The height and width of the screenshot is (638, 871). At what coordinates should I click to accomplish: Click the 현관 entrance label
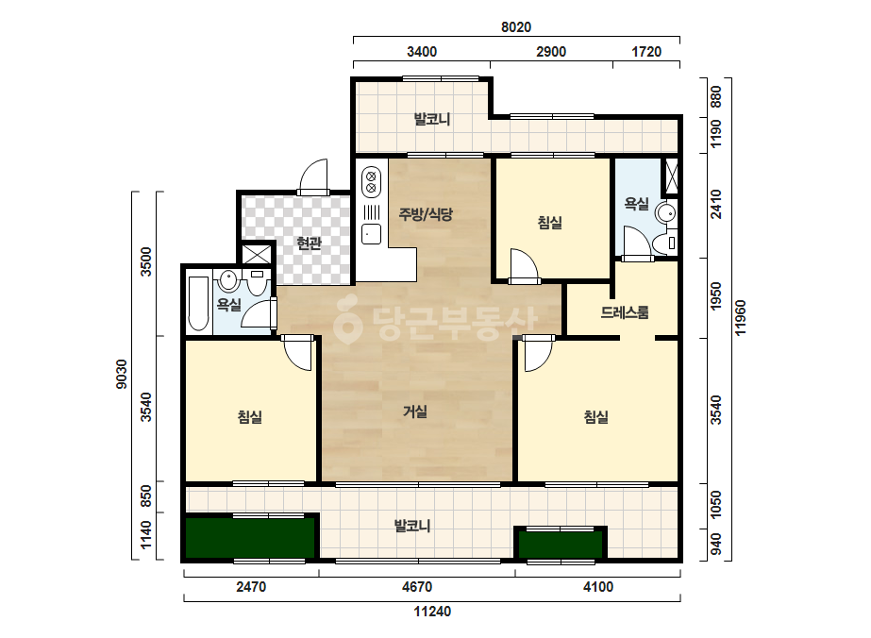(309, 243)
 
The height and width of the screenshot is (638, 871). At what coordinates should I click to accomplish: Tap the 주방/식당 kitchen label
(426, 214)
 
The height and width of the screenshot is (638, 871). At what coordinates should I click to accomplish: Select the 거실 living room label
(415, 411)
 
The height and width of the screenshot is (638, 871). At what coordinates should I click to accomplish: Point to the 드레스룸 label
(625, 312)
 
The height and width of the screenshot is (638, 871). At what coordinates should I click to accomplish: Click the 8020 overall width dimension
(516, 27)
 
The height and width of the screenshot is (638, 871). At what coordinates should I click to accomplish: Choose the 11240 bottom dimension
(432, 612)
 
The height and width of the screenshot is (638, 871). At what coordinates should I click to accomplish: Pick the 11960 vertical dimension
(741, 318)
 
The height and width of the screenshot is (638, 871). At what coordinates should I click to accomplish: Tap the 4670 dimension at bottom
(416, 587)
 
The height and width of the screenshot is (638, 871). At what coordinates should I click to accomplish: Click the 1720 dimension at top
(646, 52)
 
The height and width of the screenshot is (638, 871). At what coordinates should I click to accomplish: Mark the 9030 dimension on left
(121, 374)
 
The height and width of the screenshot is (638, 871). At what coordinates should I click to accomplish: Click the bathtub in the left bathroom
(199, 303)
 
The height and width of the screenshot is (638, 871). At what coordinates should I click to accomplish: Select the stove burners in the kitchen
(371, 182)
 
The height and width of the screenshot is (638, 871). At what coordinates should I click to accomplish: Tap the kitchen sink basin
(371, 234)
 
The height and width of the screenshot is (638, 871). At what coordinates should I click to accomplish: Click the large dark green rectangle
(250, 537)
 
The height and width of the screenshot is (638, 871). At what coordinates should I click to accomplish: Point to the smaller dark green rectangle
(561, 544)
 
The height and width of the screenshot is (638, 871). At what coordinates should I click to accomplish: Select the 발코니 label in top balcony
(432, 119)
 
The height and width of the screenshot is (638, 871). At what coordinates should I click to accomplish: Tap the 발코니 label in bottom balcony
(412, 526)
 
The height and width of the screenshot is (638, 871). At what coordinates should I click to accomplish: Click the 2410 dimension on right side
(716, 205)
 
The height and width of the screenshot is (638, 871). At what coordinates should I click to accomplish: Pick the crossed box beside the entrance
(257, 255)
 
